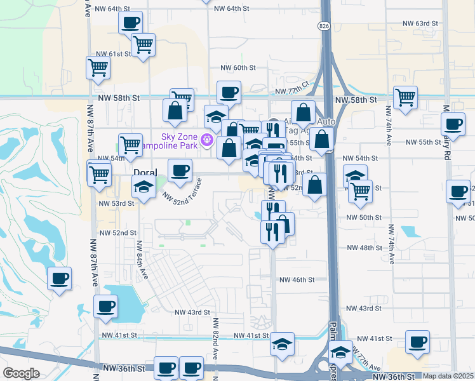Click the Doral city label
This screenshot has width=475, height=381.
[x=145, y=173]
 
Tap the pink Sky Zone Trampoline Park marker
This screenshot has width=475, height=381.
[x=205, y=139]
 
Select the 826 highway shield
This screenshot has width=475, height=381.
[x=324, y=25]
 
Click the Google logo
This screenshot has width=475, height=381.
[x=21, y=373]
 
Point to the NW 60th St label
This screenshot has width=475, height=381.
[x=237, y=67]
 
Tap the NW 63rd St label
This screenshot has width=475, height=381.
[x=420, y=23]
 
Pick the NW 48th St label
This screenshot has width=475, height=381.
[x=364, y=247]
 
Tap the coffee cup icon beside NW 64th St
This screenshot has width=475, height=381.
[x=131, y=23]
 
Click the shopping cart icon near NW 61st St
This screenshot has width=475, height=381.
[x=144, y=44]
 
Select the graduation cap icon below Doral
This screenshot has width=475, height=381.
[x=144, y=187]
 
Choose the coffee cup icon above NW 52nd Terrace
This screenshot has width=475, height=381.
[x=180, y=170]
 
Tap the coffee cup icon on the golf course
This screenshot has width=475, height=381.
[x=60, y=278]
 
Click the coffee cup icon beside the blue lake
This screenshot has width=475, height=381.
[x=105, y=306]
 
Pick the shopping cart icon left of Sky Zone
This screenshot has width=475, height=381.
[x=131, y=144]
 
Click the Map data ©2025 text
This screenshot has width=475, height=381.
[x=448, y=376]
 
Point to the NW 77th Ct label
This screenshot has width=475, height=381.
[x=296, y=85]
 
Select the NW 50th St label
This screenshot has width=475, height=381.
[x=364, y=217]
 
